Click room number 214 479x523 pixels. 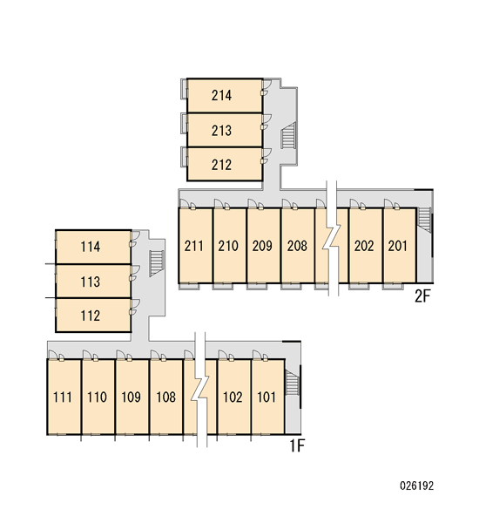click(x=221, y=95)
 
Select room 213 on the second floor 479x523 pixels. click(x=221, y=131)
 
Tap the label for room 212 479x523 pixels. click(x=221, y=165)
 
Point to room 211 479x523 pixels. click(x=193, y=246)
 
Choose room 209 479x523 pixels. click(x=262, y=246)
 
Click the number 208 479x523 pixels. click(x=297, y=246)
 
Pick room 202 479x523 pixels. click(x=364, y=246)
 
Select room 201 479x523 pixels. click(x=398, y=246)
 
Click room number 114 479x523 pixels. click(x=91, y=247)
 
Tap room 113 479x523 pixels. click(x=91, y=282)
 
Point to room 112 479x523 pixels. click(x=91, y=316)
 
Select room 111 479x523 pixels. click(x=63, y=397)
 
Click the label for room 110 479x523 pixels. click(x=97, y=397)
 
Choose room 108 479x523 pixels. click(x=165, y=397)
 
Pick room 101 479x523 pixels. click(x=266, y=397)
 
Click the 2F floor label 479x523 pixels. click(x=422, y=295)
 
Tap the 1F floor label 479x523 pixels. click(x=297, y=445)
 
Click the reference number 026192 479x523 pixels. click(x=417, y=486)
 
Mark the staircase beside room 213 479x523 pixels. click(x=288, y=135)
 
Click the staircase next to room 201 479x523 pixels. click(x=425, y=220)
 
